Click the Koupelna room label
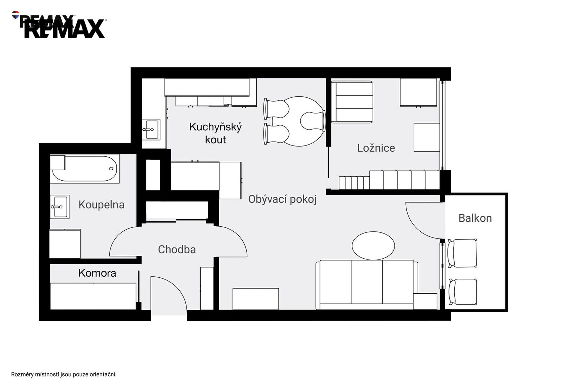click(102, 205)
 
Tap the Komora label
click(97, 273)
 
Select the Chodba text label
click(177, 250)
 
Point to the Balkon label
click(475, 218)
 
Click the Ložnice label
click(376, 148)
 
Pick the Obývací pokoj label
click(283, 199)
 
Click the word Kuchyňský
click(216, 127)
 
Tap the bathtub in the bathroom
click(85, 168)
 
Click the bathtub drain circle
click(111, 168)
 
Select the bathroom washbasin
click(59, 207)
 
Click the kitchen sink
click(151, 129)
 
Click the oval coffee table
click(373, 246)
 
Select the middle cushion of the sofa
click(367, 282)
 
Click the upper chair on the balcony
click(462, 253)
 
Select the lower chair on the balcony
click(463, 292)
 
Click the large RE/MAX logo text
click(64, 29)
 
